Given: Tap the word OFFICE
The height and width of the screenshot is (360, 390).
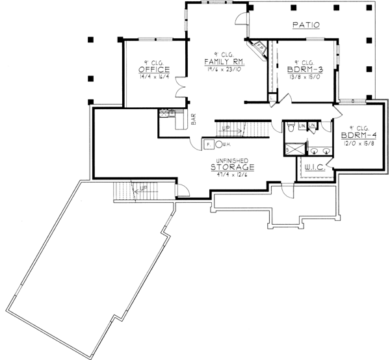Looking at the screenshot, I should tap(154, 69).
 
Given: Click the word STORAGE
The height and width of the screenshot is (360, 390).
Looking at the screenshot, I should tap(231, 167).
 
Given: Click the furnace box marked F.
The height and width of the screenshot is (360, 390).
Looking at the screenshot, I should tap(209, 144).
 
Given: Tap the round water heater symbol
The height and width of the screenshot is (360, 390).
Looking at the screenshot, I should tap(220, 144).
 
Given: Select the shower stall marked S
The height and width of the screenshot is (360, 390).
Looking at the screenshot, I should tap(293, 150).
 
